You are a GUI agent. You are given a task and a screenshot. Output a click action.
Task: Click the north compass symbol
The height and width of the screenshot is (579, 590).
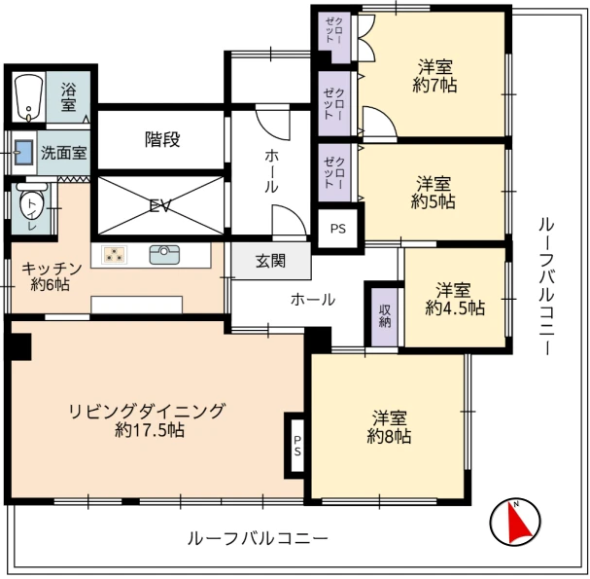[515, 523]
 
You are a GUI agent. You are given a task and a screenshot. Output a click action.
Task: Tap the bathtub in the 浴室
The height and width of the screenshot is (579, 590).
[28, 96]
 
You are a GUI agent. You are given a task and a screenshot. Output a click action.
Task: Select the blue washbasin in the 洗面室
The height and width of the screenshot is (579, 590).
[23, 153]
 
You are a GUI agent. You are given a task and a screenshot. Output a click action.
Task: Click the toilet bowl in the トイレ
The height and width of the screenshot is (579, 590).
[32, 205]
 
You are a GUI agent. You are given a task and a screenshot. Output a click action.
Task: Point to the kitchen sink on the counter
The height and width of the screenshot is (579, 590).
[164, 255]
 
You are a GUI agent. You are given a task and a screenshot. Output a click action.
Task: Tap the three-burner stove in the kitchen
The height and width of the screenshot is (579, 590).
[114, 255]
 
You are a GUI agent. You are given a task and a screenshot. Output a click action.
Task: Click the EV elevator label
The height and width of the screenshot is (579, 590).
[160, 206]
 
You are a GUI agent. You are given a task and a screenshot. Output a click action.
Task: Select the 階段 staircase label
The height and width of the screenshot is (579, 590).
[162, 140]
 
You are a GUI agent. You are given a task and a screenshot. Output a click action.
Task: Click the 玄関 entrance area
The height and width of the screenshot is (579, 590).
[271, 261]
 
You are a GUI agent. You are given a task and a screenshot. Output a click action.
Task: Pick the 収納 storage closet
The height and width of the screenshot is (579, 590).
[385, 316]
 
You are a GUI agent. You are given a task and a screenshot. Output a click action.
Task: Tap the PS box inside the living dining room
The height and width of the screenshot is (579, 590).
[297, 446]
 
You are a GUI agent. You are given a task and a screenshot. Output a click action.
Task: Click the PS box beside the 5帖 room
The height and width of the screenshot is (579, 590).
[338, 229]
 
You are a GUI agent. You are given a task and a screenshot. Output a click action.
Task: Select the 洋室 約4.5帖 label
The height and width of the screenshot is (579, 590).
[455, 300]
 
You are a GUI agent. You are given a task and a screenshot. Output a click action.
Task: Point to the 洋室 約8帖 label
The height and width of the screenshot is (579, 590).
[389, 427]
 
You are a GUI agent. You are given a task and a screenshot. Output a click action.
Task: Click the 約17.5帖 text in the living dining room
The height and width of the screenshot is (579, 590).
[150, 430]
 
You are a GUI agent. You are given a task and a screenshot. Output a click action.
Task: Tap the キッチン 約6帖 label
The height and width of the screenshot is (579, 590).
[52, 277]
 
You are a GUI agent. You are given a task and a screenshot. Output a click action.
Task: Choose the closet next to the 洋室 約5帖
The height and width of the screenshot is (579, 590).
[334, 172]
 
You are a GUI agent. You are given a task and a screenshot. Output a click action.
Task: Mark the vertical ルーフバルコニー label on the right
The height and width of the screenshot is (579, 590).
[546, 286]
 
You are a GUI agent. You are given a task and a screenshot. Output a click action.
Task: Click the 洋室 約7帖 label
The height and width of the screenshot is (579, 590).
[434, 76]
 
